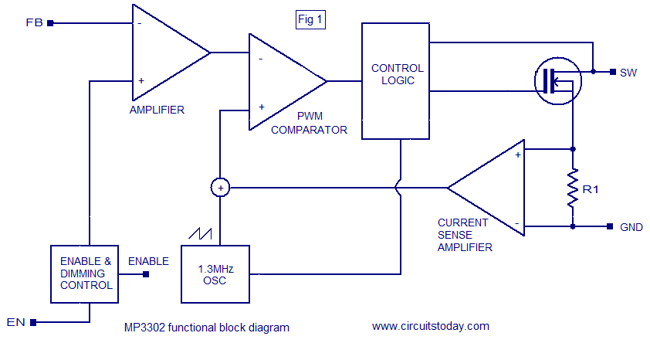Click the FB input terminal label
tap(35, 22)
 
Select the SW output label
tap(628, 72)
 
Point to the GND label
tap(631, 227)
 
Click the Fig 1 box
tap(310, 20)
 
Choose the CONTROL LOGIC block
tap(396, 81)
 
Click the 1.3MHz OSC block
tap(215, 274)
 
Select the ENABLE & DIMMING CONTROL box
tap(86, 273)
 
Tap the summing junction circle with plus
tap(220, 187)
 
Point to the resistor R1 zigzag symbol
tap(573, 188)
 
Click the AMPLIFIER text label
tap(157, 110)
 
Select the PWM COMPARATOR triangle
tap(282, 81)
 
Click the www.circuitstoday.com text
tap(431, 326)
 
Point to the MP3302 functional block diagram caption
tap(207, 327)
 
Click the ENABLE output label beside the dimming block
tap(148, 261)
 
